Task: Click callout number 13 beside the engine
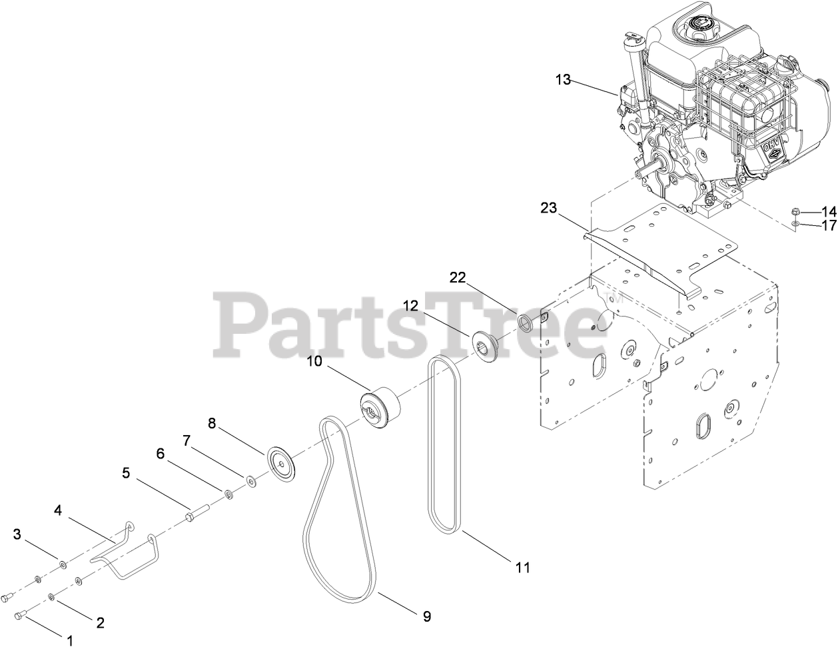click(x=563, y=79)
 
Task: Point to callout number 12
click(x=410, y=305)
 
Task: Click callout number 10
click(x=314, y=362)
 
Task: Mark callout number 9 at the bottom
click(x=426, y=616)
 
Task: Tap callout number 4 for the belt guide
click(x=58, y=510)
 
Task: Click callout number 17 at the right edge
click(x=828, y=226)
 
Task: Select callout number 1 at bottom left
click(x=68, y=640)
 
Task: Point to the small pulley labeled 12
click(x=485, y=345)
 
